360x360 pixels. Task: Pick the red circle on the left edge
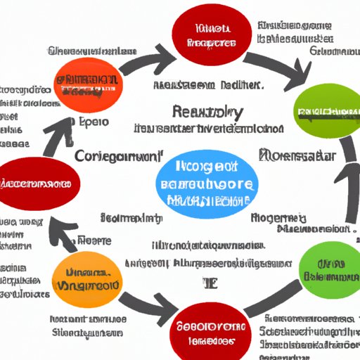click(39, 184)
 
